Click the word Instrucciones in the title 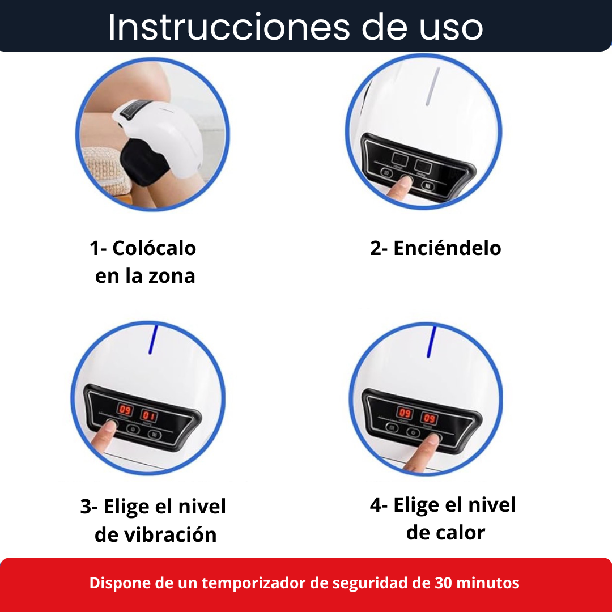pyautogui.click(x=229, y=27)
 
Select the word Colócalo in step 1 pyautogui.click(x=154, y=248)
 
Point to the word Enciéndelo pyautogui.click(x=447, y=248)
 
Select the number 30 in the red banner pyautogui.click(x=443, y=583)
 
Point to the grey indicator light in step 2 pyautogui.click(x=433, y=86)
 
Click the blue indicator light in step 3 pyautogui.click(x=154, y=339)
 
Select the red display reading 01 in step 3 pyautogui.click(x=148, y=416)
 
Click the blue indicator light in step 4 pyautogui.click(x=432, y=342)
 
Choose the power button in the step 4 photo pyautogui.click(x=413, y=432)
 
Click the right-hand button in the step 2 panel pyautogui.click(x=428, y=186)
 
